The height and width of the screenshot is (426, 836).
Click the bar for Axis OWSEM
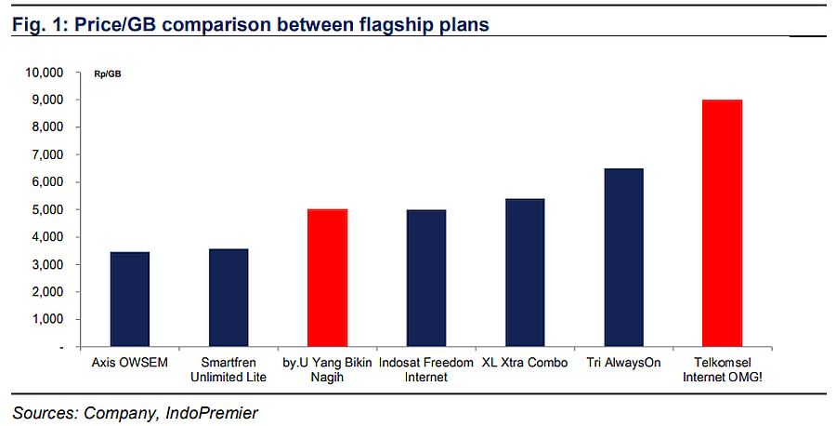point(129,299)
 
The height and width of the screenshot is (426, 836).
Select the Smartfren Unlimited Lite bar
point(229,298)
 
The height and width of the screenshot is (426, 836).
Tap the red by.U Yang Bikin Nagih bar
point(327,277)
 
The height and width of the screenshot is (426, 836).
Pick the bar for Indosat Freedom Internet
point(426,278)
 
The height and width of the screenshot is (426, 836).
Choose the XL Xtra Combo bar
point(525,273)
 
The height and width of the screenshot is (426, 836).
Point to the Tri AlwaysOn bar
point(624,258)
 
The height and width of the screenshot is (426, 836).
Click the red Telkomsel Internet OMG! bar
point(722,223)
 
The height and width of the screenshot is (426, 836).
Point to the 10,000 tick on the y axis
point(44,72)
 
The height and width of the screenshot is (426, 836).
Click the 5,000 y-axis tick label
point(47,210)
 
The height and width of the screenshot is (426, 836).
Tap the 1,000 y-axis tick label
point(47,319)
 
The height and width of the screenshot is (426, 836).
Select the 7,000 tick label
point(47,154)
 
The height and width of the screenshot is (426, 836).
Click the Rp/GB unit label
point(107,73)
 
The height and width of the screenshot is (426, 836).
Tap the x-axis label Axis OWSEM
point(129,363)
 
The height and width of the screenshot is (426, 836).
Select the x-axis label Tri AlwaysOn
point(624,363)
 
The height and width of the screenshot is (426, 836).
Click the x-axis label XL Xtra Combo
point(525,363)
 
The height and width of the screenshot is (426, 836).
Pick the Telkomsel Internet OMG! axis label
point(723,369)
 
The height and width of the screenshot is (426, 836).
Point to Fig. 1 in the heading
point(39,24)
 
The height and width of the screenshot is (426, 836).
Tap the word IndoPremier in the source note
point(212,413)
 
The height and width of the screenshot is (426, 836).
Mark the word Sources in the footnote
point(46,413)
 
